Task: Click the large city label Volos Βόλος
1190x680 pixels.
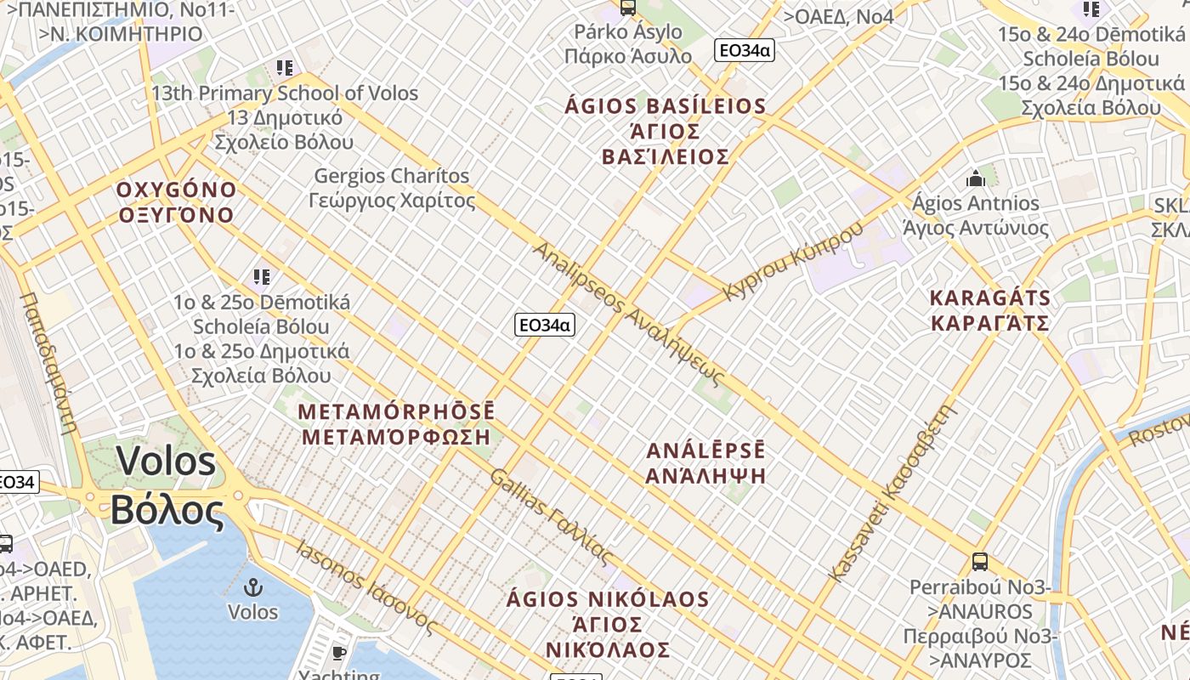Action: [x=167, y=485]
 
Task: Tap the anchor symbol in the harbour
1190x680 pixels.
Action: [x=252, y=588]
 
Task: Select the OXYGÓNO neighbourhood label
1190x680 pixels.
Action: [x=176, y=201]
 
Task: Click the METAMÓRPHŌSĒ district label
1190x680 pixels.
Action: [x=396, y=424]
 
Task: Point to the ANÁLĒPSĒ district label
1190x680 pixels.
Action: [x=705, y=462]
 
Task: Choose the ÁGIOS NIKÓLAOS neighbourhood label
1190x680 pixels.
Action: [x=609, y=624]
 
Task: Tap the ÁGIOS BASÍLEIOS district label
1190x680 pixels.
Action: [x=666, y=131]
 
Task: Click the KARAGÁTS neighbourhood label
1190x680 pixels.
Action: [x=990, y=310]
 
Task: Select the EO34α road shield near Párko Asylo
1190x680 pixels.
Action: [x=744, y=50]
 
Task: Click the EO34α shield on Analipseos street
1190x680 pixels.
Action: [x=544, y=325]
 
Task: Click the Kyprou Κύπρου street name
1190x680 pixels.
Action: [x=792, y=260]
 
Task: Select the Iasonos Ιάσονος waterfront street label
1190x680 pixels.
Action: [x=366, y=587]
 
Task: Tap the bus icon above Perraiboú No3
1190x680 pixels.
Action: [x=980, y=562]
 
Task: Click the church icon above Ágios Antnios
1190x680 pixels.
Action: [x=976, y=178]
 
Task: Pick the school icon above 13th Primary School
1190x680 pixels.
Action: [x=285, y=67]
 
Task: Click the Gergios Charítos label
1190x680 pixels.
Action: [x=394, y=188]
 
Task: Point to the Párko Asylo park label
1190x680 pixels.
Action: [x=628, y=43]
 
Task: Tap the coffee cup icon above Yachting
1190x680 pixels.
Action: [x=339, y=653]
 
